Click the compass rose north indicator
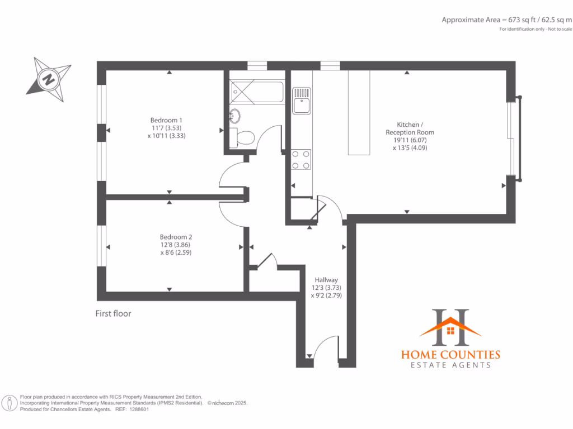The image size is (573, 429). point(49,79)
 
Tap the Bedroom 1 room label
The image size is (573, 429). point(166,127)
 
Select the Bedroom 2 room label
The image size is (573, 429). point(176,244)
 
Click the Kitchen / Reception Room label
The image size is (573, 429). point(410,136)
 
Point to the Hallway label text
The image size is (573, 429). point(326,288)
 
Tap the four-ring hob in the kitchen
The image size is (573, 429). point(302,159)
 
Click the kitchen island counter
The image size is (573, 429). point(359,112)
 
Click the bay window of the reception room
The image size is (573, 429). point(515,139)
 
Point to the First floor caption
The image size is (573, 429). point(113,314)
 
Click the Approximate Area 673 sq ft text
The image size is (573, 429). point(506,20)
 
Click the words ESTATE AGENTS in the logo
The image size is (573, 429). point(450,365)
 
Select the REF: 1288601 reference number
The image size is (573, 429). point(132,409)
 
